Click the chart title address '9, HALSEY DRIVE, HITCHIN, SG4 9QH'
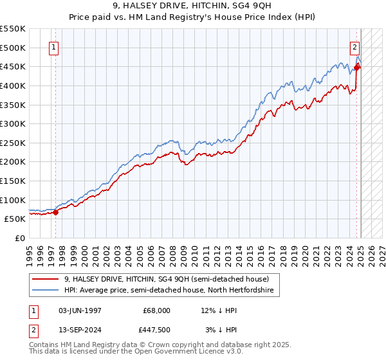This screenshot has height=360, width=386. (x=192, y=6)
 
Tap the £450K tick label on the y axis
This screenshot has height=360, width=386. (x=13, y=66)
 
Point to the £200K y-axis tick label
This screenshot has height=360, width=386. (x=13, y=161)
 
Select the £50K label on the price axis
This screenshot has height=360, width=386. (x=15, y=219)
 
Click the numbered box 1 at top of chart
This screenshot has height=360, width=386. (x=54, y=46)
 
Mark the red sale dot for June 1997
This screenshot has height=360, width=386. (x=56, y=212)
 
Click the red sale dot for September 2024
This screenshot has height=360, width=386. (x=357, y=67)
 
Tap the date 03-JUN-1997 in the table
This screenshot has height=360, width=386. (x=80, y=310)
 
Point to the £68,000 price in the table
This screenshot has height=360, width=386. (x=158, y=310)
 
